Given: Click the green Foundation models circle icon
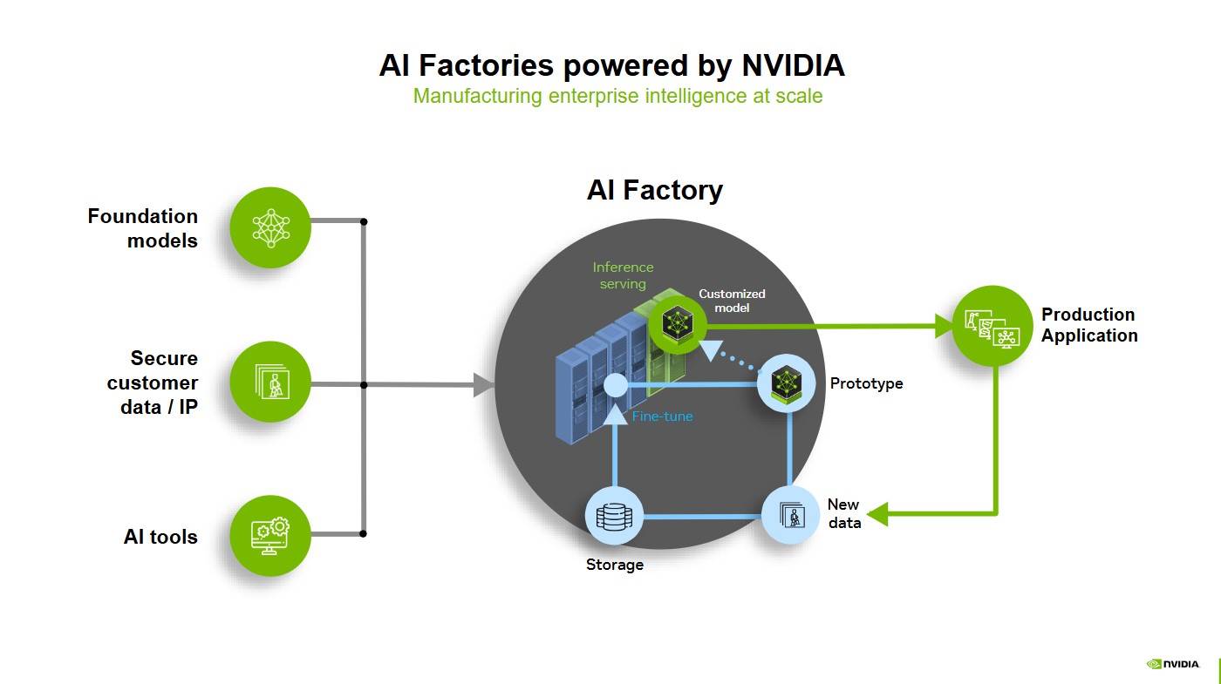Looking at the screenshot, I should tap(270, 227).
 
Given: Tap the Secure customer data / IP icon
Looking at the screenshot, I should tap(270, 382).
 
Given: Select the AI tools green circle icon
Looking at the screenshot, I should tap(270, 535).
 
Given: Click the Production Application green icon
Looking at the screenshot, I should tap(992, 326).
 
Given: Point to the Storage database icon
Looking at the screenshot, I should tap(614, 516).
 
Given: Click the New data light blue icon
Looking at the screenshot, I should tap(791, 515).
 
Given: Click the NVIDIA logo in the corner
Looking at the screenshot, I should tap(1173, 664).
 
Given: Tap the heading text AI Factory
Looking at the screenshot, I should tap(654, 190).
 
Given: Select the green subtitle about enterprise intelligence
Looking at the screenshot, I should tap(617, 96).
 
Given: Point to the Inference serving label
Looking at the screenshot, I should tap(623, 275).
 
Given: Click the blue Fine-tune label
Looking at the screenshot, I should tap(662, 416).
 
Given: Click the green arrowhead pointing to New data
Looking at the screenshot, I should tap(877, 514).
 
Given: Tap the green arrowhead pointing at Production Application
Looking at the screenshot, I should tap(944, 327).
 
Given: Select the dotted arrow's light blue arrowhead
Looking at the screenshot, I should tap(713, 349).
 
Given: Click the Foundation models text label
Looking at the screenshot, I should tap(143, 228).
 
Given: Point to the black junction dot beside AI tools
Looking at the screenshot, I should tap(364, 533).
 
